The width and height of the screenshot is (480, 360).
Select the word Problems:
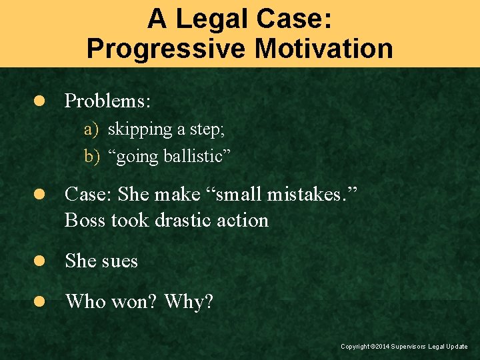pyautogui.click(x=108, y=101)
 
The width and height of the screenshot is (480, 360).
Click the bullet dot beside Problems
pyautogui.click(x=39, y=101)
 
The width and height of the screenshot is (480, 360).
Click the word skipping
pyautogui.click(x=135, y=129)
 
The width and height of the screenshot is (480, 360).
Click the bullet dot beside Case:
pyautogui.click(x=39, y=194)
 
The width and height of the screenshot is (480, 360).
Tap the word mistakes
pyautogui.click(x=317, y=194)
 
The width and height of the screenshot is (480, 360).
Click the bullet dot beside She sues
pyautogui.click(x=39, y=261)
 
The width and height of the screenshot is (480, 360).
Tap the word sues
pyautogui.click(x=120, y=261)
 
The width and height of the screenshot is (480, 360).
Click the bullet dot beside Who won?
pyautogui.click(x=39, y=301)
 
